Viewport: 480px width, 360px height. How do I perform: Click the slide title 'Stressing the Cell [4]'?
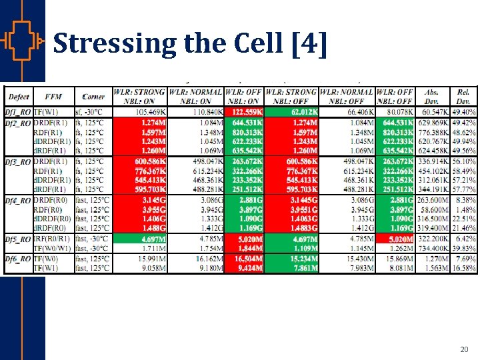pos(190,43)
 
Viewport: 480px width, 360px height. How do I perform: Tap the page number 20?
pos(464,349)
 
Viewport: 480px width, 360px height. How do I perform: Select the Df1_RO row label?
pos(16,111)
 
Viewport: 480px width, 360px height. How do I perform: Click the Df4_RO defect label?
pos(16,200)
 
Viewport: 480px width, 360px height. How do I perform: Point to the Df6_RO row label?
pos(16,259)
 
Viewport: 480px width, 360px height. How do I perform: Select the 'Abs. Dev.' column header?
pos(433,96)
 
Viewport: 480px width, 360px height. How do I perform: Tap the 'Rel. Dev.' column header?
pos(464,96)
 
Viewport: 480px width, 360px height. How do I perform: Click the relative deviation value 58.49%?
pos(464,171)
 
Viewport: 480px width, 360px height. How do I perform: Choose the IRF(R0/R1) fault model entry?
pos(53,239)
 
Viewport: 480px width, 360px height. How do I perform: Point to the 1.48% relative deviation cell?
pos(464,209)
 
